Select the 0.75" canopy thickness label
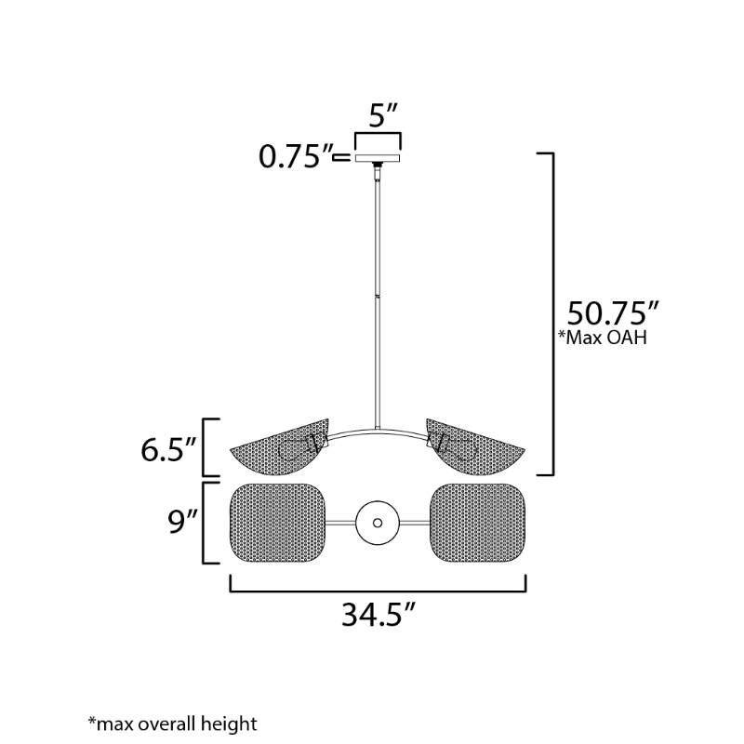[x=295, y=157]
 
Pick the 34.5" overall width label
[x=377, y=617]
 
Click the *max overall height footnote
[x=172, y=723]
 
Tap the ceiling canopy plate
[x=378, y=157]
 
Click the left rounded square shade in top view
[x=278, y=523]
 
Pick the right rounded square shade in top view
[x=476, y=523]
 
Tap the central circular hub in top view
[x=378, y=523]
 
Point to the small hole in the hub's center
[x=378, y=523]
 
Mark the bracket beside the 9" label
[x=206, y=523]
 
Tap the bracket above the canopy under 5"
[x=378, y=136]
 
